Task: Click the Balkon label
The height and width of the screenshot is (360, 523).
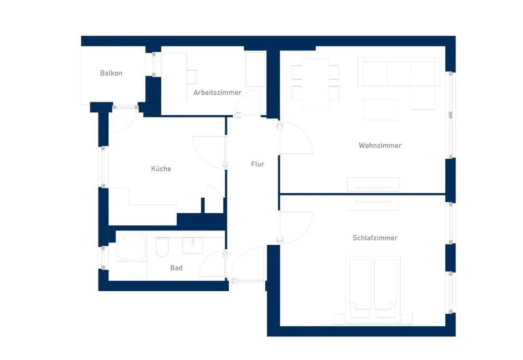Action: pos(111,73)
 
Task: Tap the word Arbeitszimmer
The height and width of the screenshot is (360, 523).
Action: pos(217,93)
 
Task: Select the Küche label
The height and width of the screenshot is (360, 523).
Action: pos(161,169)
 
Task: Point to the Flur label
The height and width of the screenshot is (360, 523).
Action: pos(257,164)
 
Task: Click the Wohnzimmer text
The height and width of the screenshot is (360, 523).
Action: pos(380,145)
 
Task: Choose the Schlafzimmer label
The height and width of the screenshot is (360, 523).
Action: pos(375,238)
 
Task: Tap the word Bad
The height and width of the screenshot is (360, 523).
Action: pos(176,268)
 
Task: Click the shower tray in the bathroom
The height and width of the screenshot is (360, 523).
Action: pos(131,247)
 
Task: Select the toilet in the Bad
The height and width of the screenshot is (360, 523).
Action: pos(162,247)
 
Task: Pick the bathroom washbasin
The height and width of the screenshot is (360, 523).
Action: pos(193,245)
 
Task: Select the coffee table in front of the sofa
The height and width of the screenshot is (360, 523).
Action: pos(380,110)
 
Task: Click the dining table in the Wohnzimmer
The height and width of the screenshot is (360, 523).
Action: pos(315,82)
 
